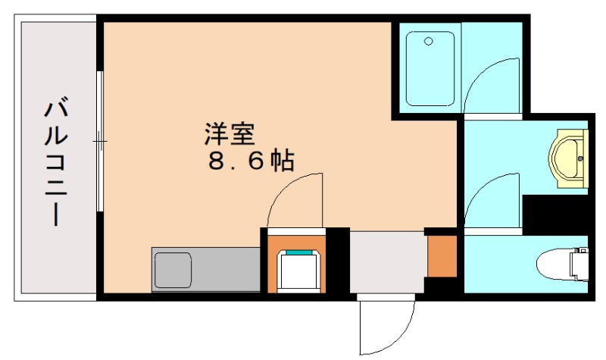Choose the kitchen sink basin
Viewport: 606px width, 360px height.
click(x=175, y=268)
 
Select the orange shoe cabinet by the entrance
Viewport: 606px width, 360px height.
click(x=442, y=257)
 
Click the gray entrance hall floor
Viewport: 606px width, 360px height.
click(x=387, y=261)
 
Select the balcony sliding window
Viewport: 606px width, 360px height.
click(x=100, y=142)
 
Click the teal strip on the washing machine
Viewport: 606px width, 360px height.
click(x=299, y=252)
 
